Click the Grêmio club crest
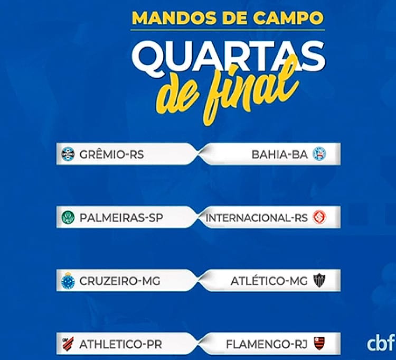[x=68, y=154]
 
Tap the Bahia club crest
[x=319, y=154]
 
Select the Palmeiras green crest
[x=68, y=217]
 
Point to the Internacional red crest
[x=319, y=217]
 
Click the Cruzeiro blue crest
[x=68, y=280]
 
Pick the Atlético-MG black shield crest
[x=319, y=281]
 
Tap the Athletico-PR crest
[x=68, y=344]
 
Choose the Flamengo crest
[x=319, y=343]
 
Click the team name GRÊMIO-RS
[x=111, y=154]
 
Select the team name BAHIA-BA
[x=279, y=154]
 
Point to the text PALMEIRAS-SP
[x=121, y=218]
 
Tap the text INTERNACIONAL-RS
[x=257, y=218]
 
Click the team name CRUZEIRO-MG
[x=120, y=281]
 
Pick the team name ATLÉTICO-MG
[x=269, y=280]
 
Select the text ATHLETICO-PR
[x=121, y=344]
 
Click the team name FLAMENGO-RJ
[x=267, y=344]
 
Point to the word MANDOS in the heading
[x=174, y=17]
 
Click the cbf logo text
[x=381, y=343]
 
